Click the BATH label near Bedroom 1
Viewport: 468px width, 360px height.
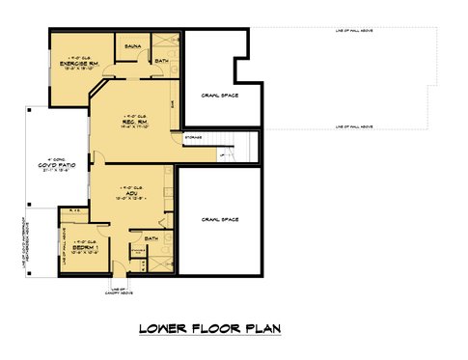(x=151, y=237)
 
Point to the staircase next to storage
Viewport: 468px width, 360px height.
(x=241, y=148)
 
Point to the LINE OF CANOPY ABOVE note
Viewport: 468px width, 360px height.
(x=119, y=292)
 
